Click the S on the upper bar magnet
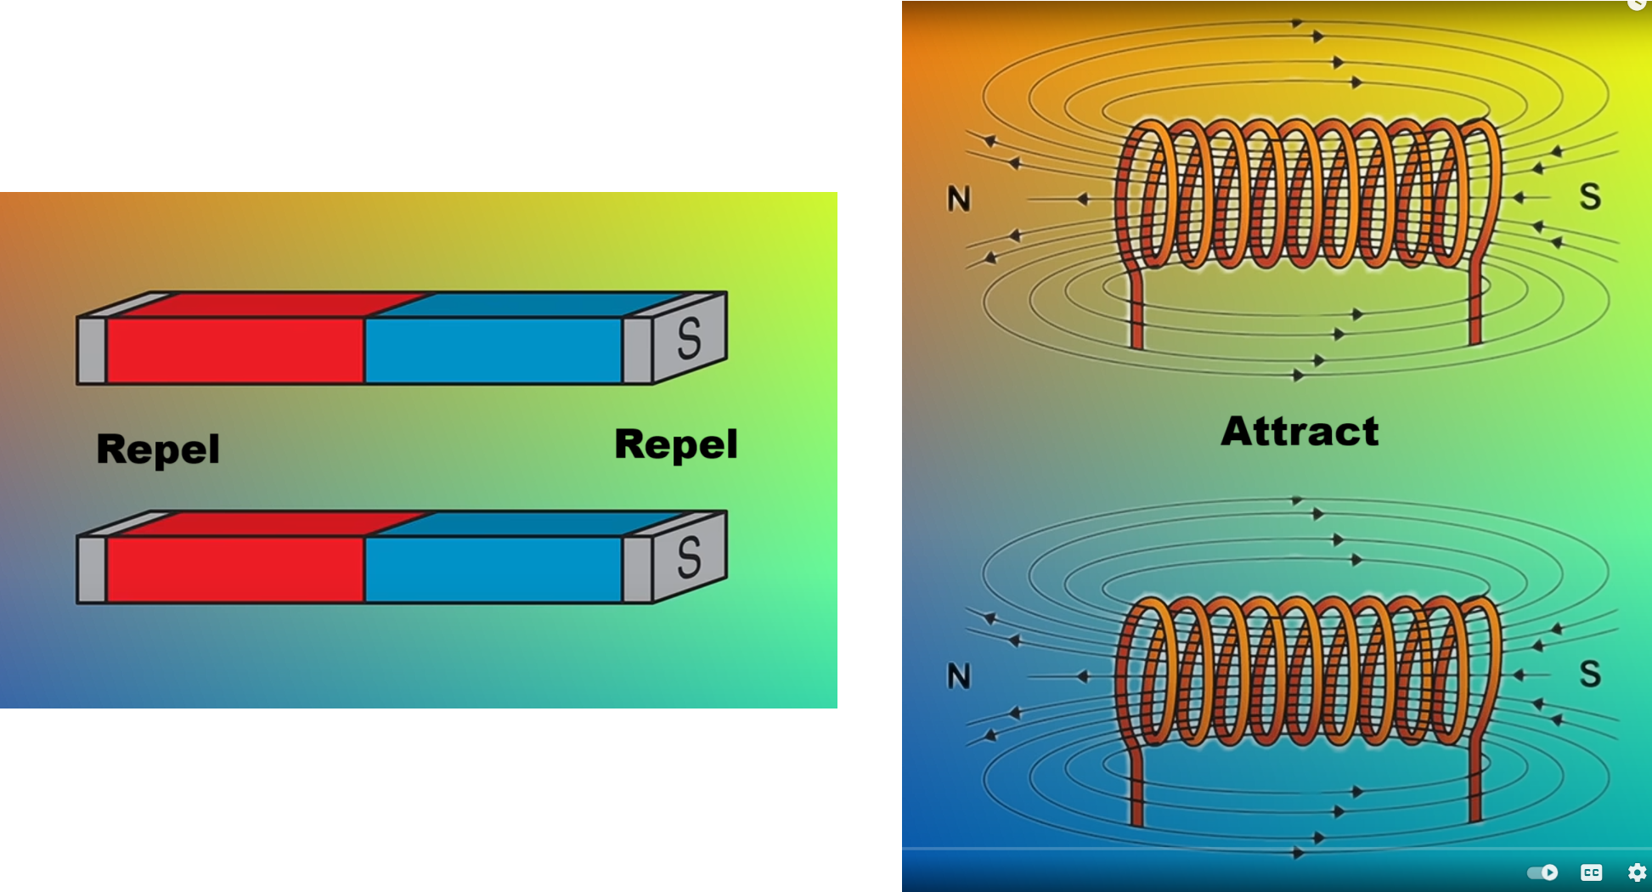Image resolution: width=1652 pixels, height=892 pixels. [x=689, y=337]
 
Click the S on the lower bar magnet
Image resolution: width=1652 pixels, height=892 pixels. [x=689, y=556]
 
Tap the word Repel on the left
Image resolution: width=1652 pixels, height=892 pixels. [x=158, y=449]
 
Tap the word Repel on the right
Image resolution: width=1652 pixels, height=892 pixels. [x=676, y=444]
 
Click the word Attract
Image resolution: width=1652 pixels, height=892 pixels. [x=1300, y=432]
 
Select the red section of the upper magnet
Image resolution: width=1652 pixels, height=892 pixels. [x=235, y=350]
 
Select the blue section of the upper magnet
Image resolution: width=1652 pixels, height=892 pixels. [x=493, y=350]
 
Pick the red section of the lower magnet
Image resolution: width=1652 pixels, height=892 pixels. [x=235, y=569]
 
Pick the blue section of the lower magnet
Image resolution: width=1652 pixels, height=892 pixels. [x=493, y=569]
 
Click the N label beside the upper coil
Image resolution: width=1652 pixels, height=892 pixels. [x=959, y=200]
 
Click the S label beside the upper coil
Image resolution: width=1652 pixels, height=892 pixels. [x=1590, y=197]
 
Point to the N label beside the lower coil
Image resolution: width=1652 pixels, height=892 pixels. [x=959, y=677]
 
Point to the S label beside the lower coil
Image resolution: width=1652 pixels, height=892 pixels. [x=1590, y=675]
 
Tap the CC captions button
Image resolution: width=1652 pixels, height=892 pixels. [x=1591, y=872]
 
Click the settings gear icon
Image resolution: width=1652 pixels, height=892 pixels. [x=1637, y=872]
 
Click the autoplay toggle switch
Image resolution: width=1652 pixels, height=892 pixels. [x=1542, y=872]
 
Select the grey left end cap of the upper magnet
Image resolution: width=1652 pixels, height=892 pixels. [x=92, y=351]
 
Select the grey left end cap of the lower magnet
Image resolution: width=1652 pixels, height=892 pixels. [x=92, y=570]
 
